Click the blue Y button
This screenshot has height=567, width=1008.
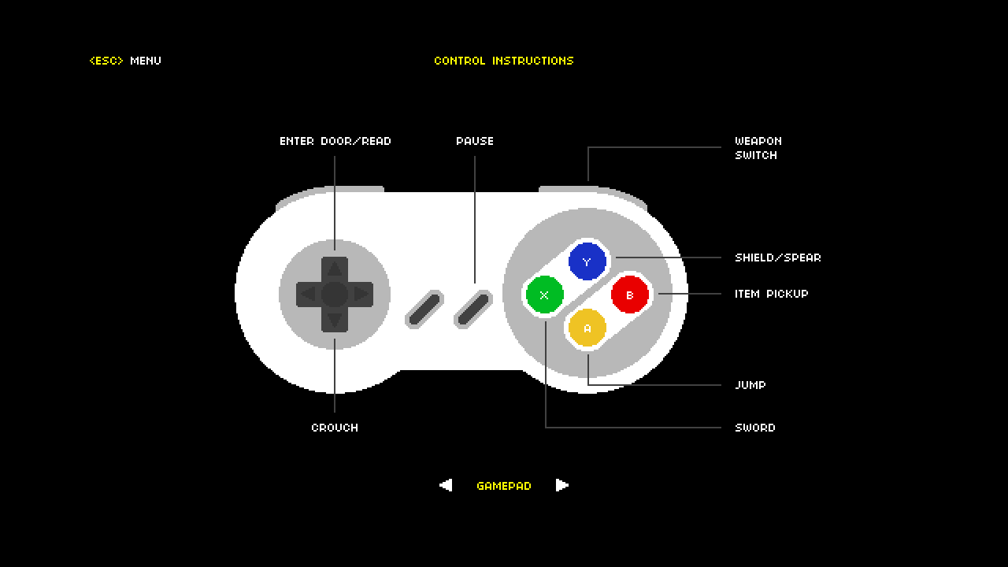pyautogui.click(x=587, y=261)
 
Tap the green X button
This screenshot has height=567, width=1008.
pyautogui.click(x=544, y=295)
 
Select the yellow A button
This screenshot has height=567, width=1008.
pyautogui.click(x=587, y=328)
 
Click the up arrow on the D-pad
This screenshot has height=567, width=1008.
pyautogui.click(x=335, y=269)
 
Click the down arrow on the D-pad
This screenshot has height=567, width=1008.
pyautogui.click(x=335, y=320)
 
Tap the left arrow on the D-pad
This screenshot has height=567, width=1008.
pyautogui.click(x=308, y=295)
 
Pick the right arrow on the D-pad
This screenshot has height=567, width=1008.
pyautogui.click(x=361, y=295)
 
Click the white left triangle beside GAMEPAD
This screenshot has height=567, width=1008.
pyautogui.click(x=446, y=485)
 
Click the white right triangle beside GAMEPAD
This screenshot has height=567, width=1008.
pyautogui.click(x=562, y=485)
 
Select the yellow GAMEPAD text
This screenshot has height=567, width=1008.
pyautogui.click(x=504, y=486)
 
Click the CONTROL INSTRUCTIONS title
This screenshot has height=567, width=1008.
pyautogui.click(x=504, y=61)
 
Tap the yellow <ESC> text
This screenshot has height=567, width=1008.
pyautogui.click(x=106, y=61)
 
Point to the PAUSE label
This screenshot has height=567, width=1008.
pyautogui.click(x=475, y=141)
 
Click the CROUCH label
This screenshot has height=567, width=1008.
pyautogui.click(x=335, y=428)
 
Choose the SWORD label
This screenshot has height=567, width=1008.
pyautogui.click(x=755, y=428)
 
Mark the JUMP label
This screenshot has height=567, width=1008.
pyautogui.click(x=750, y=385)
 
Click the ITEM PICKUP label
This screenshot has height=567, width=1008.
pyautogui.click(x=772, y=294)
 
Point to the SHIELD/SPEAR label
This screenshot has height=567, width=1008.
pyautogui.click(x=778, y=258)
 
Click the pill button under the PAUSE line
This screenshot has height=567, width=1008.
pyautogui.click(x=473, y=309)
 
